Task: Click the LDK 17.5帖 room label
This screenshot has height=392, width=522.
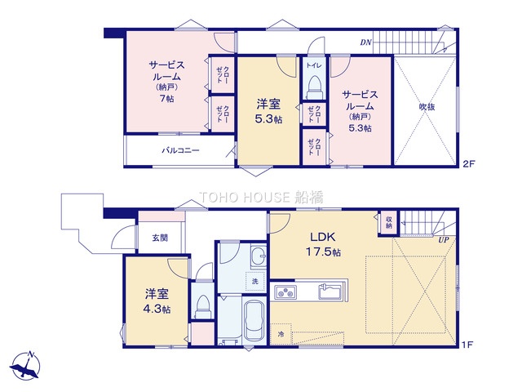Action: [x=323, y=244]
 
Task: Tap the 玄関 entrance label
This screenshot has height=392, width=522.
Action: [x=160, y=238]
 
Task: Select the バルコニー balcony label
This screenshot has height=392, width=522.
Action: [x=181, y=150]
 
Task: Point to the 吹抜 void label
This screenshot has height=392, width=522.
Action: [x=427, y=107]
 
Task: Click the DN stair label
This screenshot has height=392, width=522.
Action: [x=366, y=42]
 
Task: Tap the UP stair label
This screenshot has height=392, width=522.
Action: [x=444, y=239]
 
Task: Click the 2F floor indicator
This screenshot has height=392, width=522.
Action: [x=469, y=163]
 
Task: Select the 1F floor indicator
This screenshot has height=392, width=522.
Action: [x=467, y=345]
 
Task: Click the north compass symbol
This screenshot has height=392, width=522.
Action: [x=25, y=366]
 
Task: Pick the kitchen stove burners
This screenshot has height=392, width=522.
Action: [x=285, y=293]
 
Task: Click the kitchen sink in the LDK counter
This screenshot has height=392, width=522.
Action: [x=330, y=292]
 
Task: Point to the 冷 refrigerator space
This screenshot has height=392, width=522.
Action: [x=281, y=334]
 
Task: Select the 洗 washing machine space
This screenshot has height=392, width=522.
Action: [x=255, y=281]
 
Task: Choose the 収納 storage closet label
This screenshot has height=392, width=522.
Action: [x=389, y=223]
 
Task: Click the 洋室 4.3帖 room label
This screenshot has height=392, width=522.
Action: [x=157, y=301]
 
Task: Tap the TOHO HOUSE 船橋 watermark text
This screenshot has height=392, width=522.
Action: [x=261, y=198]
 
